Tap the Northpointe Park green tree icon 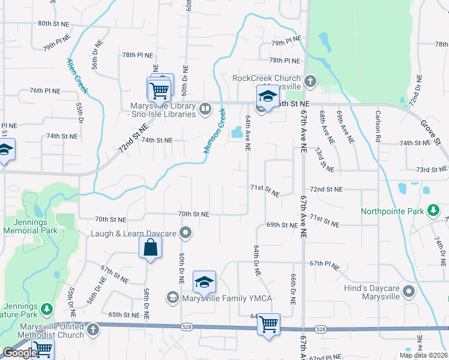coord(432,211)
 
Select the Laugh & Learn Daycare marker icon coord(186,233)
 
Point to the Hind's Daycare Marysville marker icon coord(409,292)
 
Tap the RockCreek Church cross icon coord(310,81)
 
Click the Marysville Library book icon coord(205,109)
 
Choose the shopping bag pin coord(150,247)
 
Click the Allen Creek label coord(77,75)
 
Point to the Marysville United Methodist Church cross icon coord(92,329)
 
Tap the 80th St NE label coord(53,23)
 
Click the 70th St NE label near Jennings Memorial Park coord(110,220)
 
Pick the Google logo coord(19,353)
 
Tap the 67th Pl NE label coord(325,263)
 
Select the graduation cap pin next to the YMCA coord(204,282)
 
